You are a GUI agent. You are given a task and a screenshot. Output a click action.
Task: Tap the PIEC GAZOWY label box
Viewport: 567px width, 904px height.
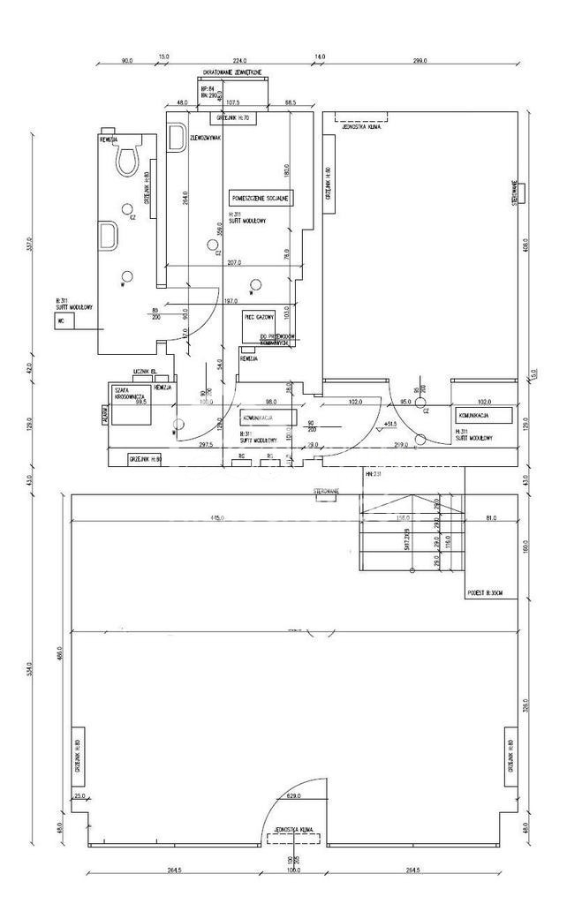[x=261, y=317]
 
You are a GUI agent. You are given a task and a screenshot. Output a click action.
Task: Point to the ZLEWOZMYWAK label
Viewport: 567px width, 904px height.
[x=204, y=139]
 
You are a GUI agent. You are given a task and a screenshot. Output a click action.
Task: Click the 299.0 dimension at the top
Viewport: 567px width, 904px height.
[x=419, y=61]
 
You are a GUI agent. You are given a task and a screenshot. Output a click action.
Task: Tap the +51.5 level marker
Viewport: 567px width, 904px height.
[x=389, y=426]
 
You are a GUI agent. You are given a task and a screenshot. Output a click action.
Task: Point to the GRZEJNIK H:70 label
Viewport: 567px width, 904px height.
[x=233, y=117]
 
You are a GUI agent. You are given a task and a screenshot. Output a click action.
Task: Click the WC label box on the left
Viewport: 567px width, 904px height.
[x=62, y=322]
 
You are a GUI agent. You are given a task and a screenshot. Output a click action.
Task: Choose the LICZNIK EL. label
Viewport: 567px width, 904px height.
[x=145, y=372]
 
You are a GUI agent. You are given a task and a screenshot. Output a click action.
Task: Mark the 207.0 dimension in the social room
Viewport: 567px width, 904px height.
[x=234, y=263]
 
